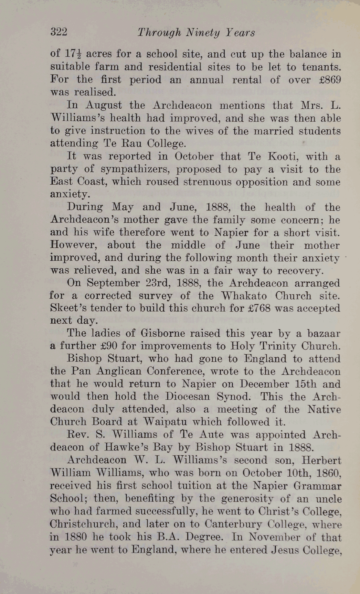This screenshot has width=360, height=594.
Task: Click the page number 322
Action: (59, 32)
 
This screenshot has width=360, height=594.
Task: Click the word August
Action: (104, 105)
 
